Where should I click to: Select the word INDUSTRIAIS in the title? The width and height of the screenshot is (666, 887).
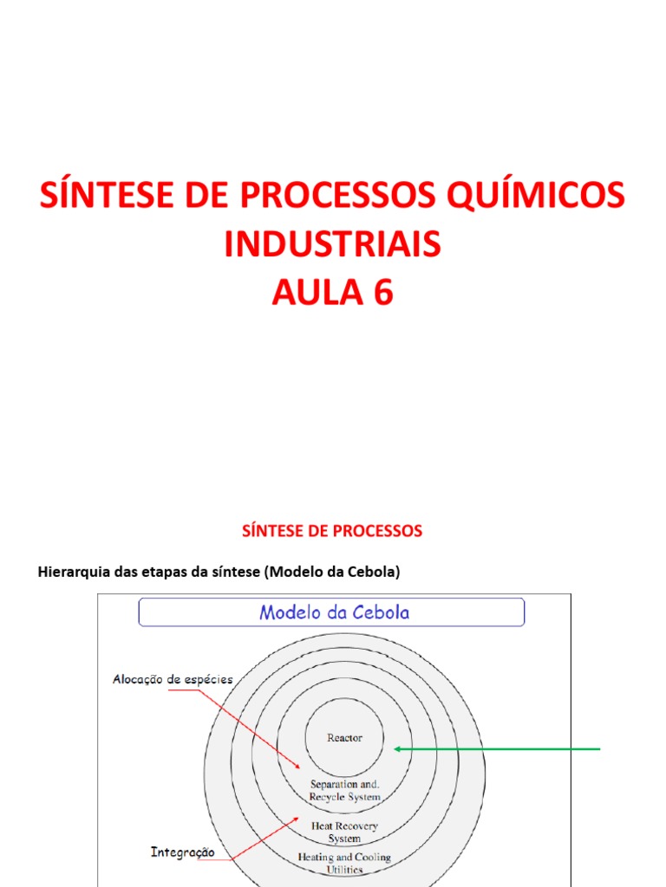[332, 245]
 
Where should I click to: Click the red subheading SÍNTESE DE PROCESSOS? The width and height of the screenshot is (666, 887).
[332, 531]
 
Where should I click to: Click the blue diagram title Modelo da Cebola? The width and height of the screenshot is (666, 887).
[334, 612]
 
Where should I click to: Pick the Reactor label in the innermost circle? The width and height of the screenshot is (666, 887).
[344, 738]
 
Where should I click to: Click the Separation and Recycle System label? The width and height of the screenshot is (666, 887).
[345, 791]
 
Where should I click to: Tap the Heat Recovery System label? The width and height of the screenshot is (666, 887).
[344, 832]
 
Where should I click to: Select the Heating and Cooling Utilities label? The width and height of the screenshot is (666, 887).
[344, 863]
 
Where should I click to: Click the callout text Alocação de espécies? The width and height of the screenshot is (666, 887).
[173, 679]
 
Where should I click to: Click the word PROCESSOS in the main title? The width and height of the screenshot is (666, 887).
[331, 196]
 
